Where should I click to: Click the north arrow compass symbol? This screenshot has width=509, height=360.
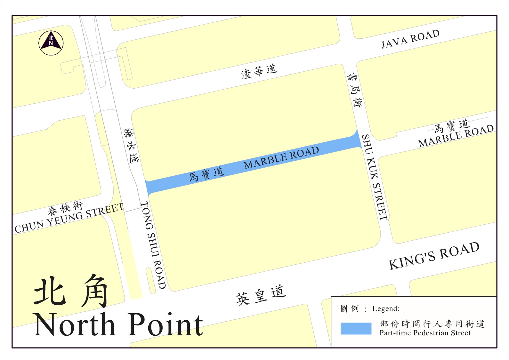point(51,43)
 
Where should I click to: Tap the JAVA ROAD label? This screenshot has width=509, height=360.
point(410,39)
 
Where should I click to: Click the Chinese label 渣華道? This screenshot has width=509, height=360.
point(259,71)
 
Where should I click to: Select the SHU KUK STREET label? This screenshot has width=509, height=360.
point(375,177)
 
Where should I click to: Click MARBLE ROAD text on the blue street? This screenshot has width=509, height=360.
point(281,158)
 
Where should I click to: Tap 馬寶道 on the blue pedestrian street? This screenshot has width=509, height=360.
point(206,174)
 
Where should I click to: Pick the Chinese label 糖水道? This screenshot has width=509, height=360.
point(132,146)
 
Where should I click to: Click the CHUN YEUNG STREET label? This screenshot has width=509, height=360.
point(69,219)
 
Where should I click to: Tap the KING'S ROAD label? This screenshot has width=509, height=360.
point(434,256)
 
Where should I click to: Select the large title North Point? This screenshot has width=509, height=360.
point(118,325)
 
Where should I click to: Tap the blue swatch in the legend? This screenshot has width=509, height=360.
point(356,328)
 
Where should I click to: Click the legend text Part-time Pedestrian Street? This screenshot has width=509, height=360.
point(425,333)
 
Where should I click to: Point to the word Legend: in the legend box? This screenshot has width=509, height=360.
point(386,309)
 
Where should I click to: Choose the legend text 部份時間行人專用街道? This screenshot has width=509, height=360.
point(432,324)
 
